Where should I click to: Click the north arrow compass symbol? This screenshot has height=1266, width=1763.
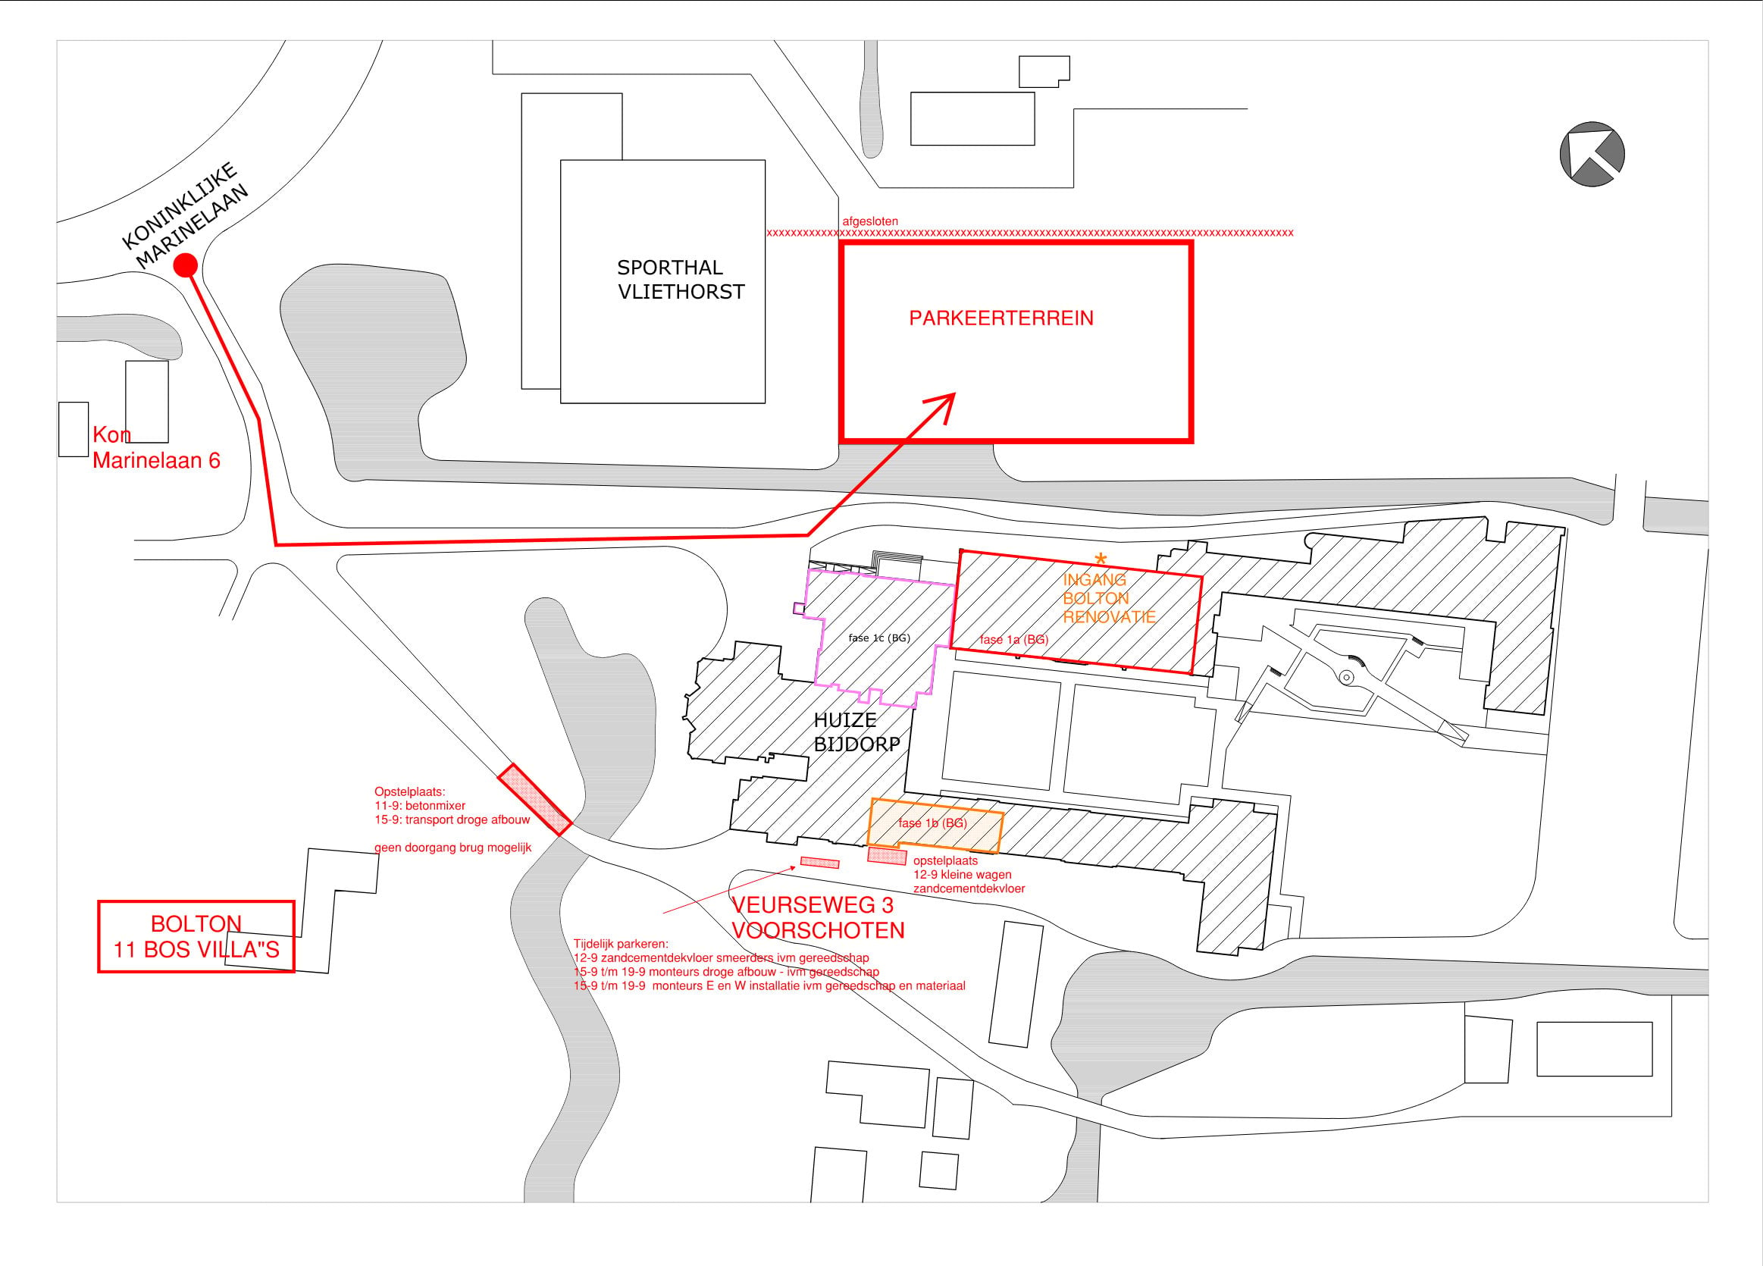coord(1592,154)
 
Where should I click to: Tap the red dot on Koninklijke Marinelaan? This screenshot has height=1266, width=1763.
coord(185,265)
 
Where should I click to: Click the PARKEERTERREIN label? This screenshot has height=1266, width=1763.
coord(1001,318)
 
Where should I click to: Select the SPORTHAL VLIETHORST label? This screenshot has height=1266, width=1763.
coord(681,279)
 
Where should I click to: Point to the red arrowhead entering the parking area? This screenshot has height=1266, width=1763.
coord(944,406)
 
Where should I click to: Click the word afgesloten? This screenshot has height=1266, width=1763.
coord(870,221)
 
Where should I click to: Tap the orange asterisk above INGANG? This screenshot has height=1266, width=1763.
coord(1100,559)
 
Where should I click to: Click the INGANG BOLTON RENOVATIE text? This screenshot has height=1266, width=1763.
coord(1109,598)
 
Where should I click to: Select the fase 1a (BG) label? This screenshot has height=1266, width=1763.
coord(1013,639)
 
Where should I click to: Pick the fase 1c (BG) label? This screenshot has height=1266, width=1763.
coord(879,638)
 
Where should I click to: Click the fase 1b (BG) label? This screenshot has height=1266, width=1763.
coord(932,823)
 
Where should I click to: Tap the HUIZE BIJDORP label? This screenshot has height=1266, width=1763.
coord(856,732)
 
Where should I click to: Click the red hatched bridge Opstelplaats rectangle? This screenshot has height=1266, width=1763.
coord(535,801)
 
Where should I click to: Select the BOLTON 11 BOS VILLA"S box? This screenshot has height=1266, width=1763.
coord(196,936)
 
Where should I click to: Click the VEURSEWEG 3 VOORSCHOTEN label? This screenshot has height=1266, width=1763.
coord(818,917)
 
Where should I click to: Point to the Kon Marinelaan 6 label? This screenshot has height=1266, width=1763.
coord(156,447)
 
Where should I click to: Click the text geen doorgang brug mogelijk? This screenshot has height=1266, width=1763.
coord(453,848)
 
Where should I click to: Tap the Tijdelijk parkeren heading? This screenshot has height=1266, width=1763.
coord(620,944)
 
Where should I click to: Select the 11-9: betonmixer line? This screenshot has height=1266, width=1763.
coord(420,806)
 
